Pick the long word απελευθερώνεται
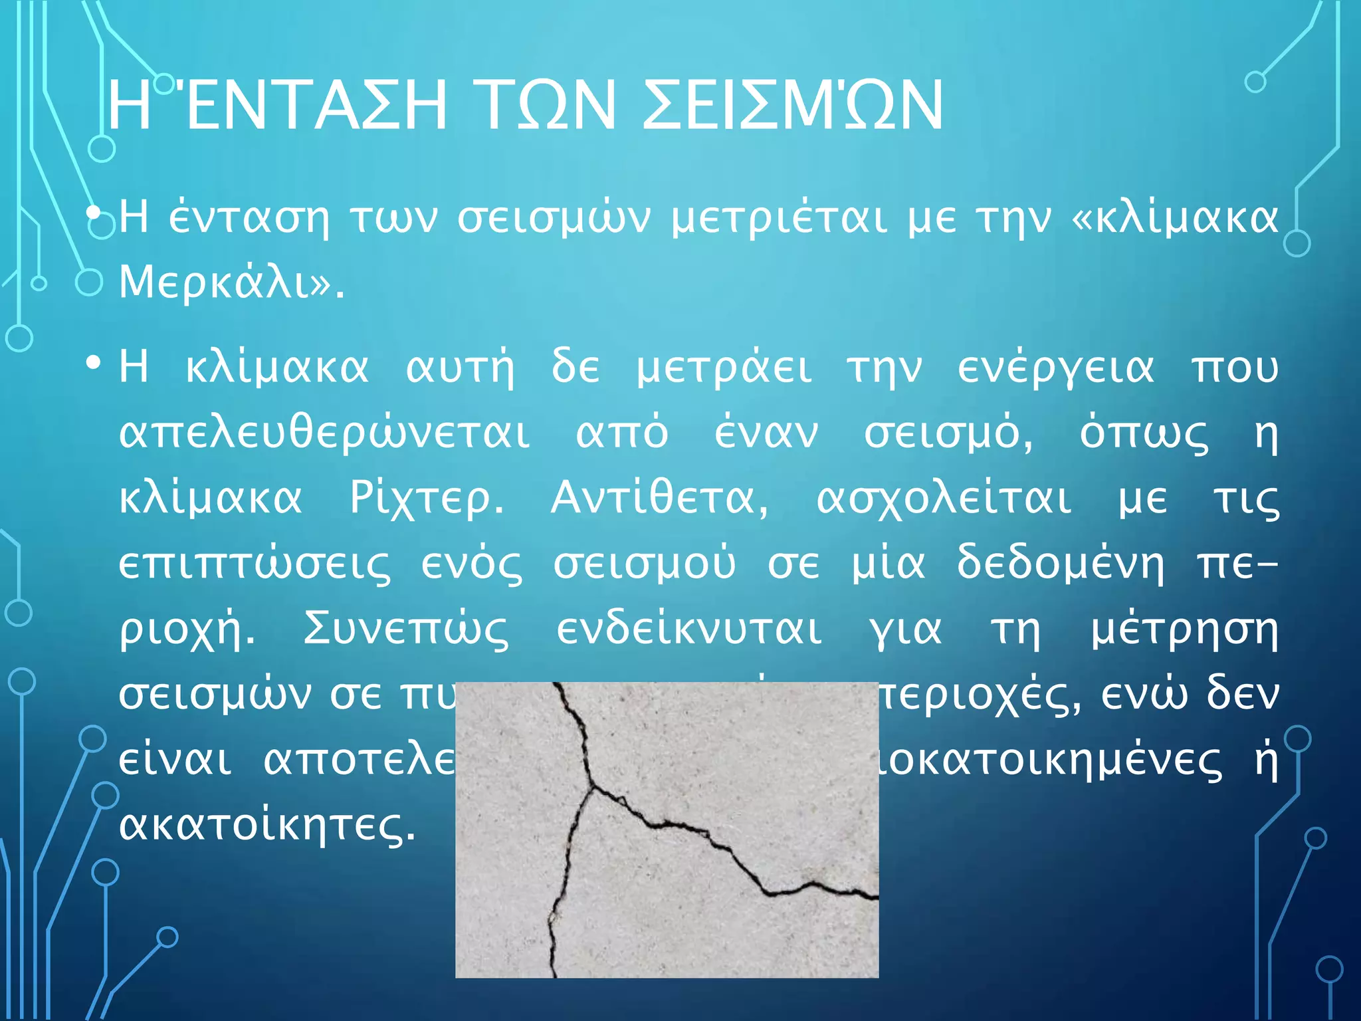tap(324, 433)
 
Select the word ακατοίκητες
tap(267, 826)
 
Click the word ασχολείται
tap(944, 499)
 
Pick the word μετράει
tap(724, 368)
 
